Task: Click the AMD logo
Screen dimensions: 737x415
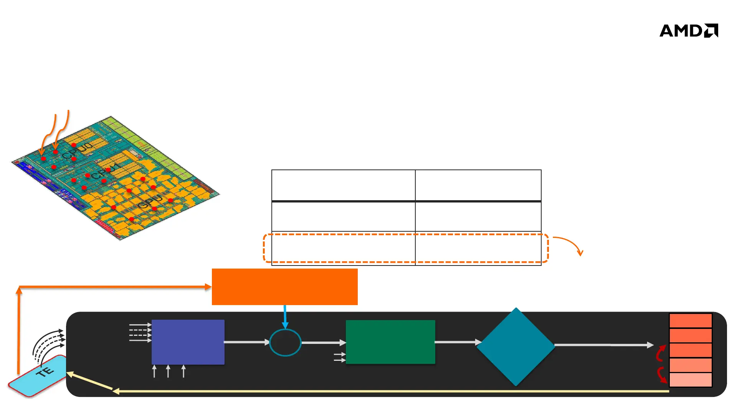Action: tap(689, 31)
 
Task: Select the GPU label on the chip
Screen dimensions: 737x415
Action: tap(150, 202)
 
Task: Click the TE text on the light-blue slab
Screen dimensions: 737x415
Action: tap(45, 372)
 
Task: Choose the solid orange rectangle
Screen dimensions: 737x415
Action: tap(284, 287)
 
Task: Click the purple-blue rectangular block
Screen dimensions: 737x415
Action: tap(188, 342)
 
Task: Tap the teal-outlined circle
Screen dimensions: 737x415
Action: tap(285, 342)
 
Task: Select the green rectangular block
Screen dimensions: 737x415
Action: tap(390, 342)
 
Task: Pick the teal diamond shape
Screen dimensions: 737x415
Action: tap(516, 347)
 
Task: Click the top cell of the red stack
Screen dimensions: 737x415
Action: tap(691, 321)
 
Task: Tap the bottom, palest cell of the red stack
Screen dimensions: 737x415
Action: tap(691, 380)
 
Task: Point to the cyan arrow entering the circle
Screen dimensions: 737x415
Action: tap(285, 317)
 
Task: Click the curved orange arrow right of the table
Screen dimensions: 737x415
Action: tap(570, 244)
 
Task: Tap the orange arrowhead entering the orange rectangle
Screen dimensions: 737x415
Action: tap(208, 287)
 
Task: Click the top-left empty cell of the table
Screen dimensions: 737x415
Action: tap(343, 185)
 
